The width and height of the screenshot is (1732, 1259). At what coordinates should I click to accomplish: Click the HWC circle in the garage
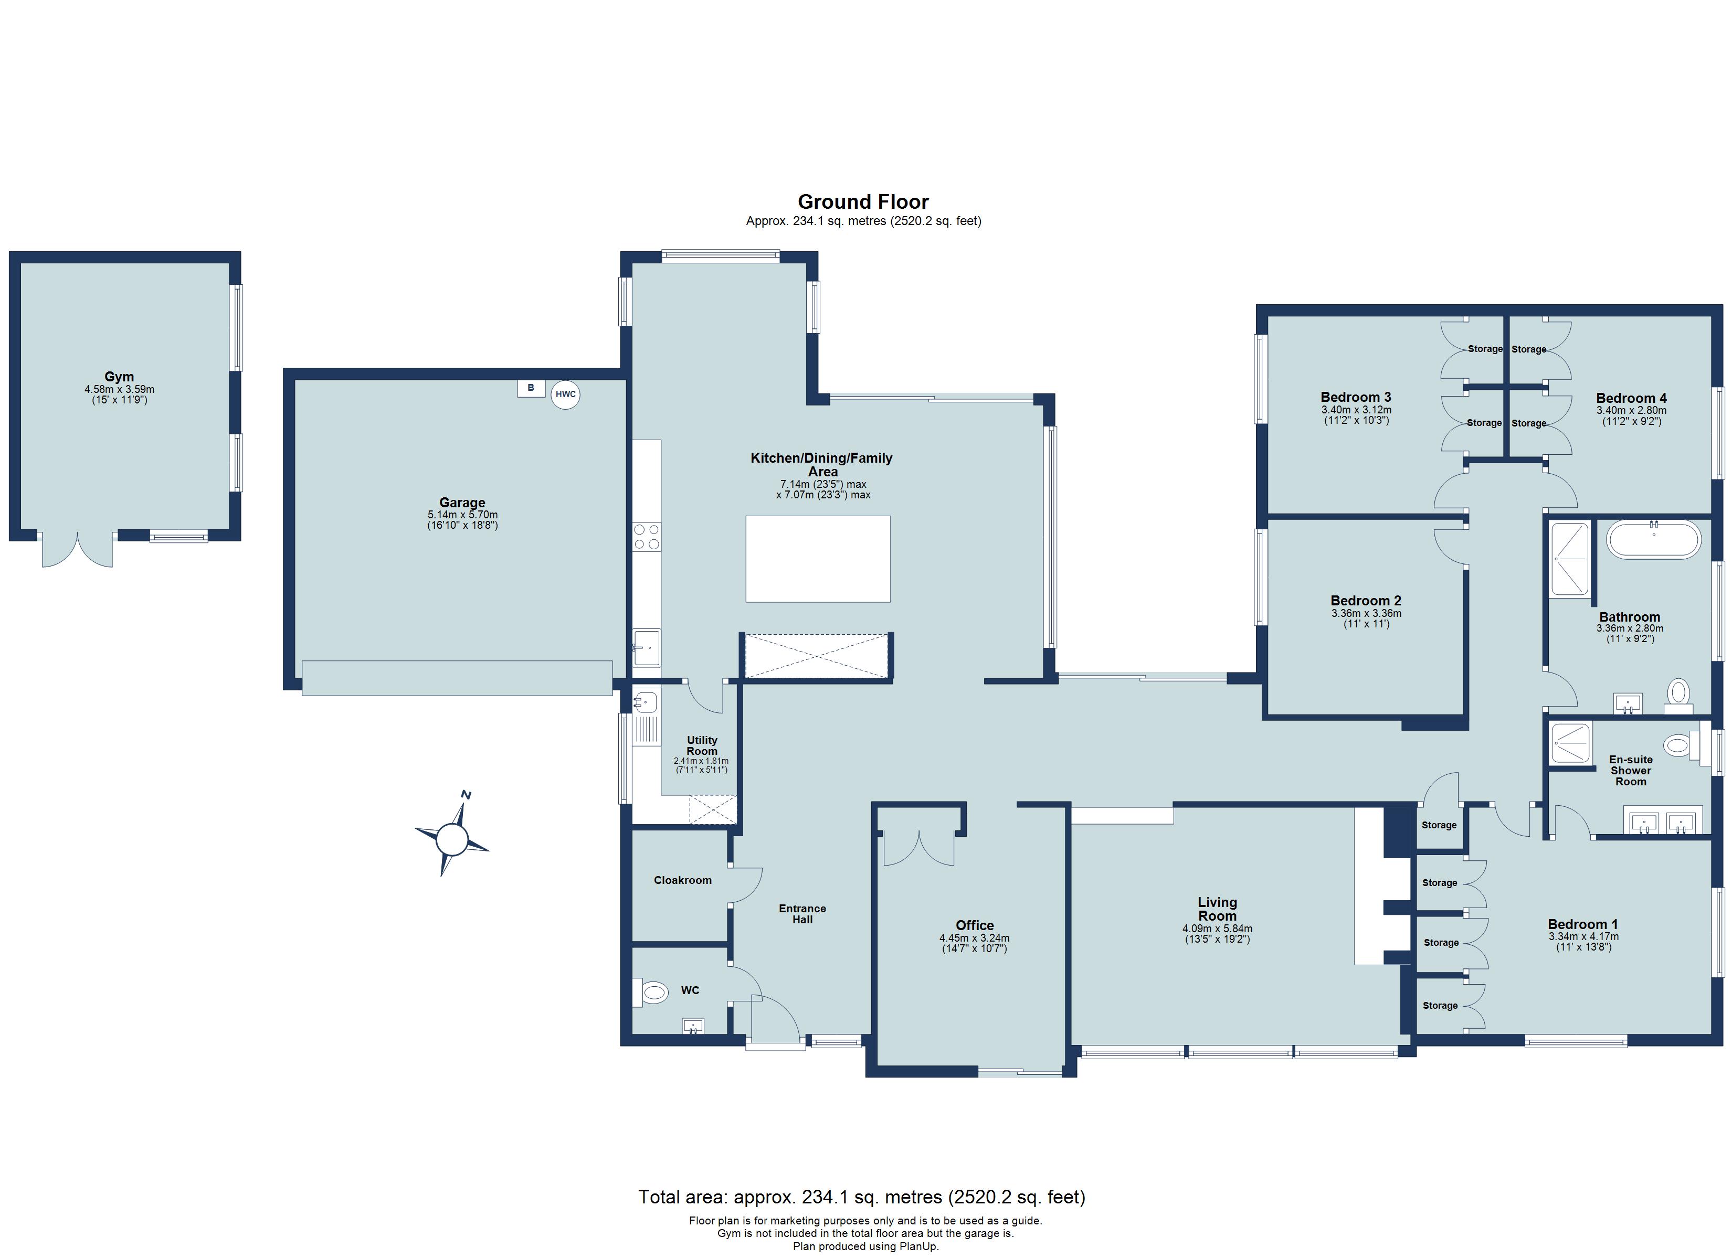565,394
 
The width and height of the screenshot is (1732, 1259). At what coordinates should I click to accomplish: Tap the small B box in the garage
531,388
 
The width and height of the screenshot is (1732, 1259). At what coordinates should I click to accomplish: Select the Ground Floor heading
863,201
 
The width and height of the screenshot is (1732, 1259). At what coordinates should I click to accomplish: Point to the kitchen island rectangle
817,559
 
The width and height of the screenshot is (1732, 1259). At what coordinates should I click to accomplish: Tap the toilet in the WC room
652,993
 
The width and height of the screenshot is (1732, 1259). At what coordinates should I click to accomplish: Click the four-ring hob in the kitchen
647,537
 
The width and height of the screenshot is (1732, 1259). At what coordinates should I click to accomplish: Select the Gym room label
119,377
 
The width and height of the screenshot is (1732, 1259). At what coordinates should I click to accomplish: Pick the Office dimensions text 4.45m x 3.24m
975,938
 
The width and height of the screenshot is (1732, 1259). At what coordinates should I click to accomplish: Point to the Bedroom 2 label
1366,601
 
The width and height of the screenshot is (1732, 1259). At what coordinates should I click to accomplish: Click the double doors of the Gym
77,550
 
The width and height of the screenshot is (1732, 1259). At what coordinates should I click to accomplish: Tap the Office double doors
918,849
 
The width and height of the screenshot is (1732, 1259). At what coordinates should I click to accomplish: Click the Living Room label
1217,909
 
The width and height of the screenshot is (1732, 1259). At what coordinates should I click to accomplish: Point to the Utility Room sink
645,701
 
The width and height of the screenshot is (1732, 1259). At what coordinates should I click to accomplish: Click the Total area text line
861,1197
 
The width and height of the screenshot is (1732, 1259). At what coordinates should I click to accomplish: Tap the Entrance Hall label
802,914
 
